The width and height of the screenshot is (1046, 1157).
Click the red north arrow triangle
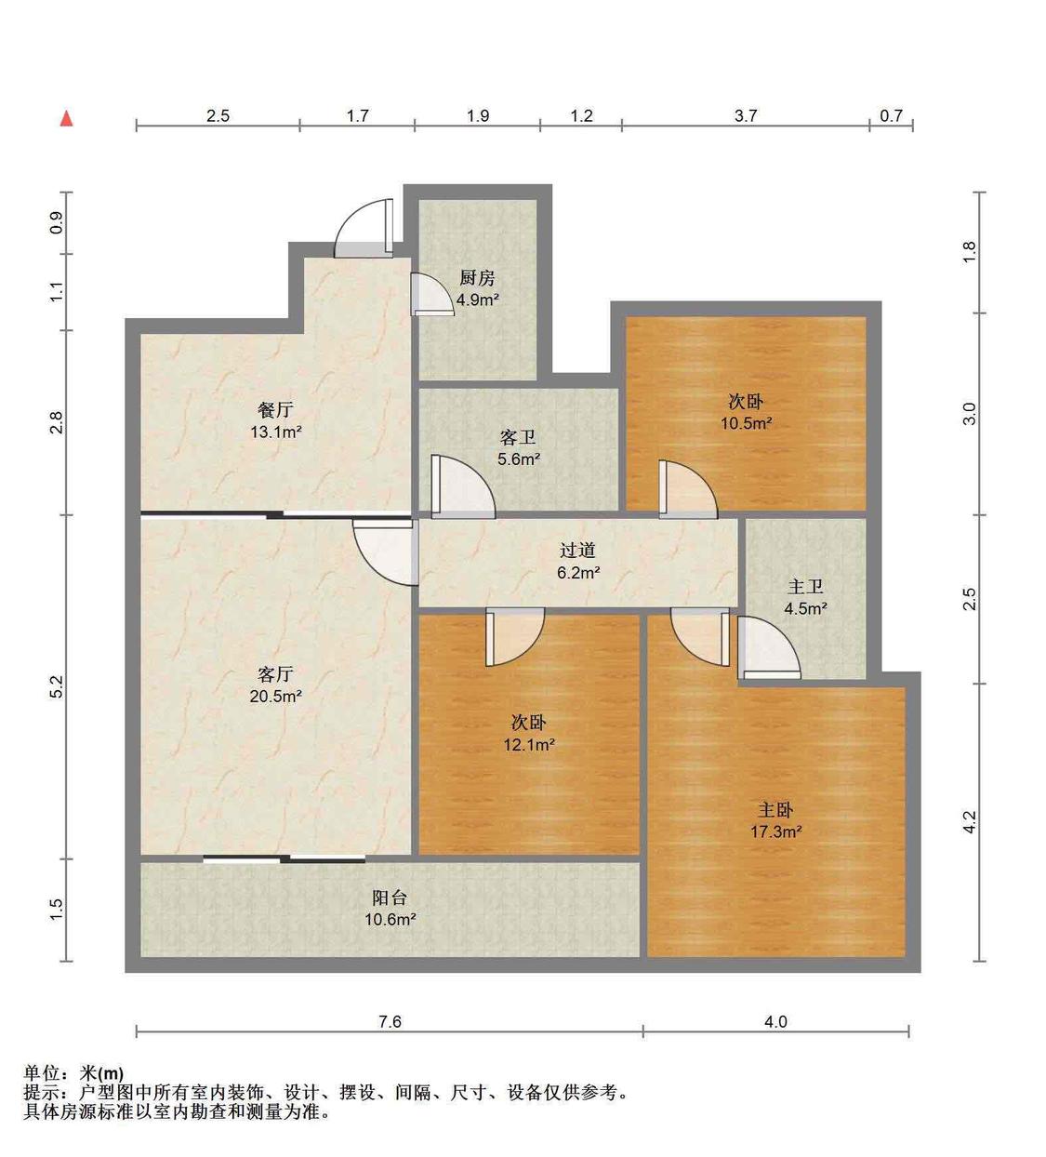[68, 119]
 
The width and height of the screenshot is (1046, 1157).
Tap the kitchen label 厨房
[477, 279]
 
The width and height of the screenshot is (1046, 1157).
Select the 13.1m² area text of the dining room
[276, 432]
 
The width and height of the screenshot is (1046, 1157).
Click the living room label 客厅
[275, 674]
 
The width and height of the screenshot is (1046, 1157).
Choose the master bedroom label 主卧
[775, 810]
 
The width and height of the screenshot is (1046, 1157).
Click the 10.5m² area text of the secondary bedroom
[747, 423]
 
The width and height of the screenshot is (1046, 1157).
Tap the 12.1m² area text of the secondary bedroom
[529, 745]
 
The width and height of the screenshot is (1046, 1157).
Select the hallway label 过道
[577, 551]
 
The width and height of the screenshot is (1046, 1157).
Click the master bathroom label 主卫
[805, 587]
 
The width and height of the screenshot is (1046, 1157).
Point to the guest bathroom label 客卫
[518, 438]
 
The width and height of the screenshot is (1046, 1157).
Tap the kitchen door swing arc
[432, 294]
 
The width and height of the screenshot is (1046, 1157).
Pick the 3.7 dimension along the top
[745, 116]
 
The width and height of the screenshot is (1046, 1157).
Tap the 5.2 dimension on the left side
[57, 686]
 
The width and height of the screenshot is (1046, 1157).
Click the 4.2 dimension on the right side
[970, 822]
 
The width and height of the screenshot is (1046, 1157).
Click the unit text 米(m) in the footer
[101, 1072]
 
